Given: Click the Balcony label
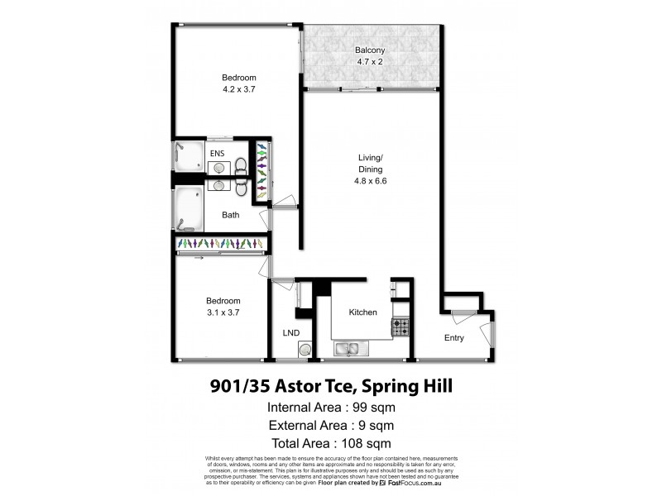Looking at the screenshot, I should coord(372,49).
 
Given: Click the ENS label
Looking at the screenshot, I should coord(217,153).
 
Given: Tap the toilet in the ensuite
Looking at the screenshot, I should coord(241,166).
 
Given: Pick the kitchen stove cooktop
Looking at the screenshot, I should coord(401,327).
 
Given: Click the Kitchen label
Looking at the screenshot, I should coord(363,312).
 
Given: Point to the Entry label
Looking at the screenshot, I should coord(454,338).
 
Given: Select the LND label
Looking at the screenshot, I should coord(290,332).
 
